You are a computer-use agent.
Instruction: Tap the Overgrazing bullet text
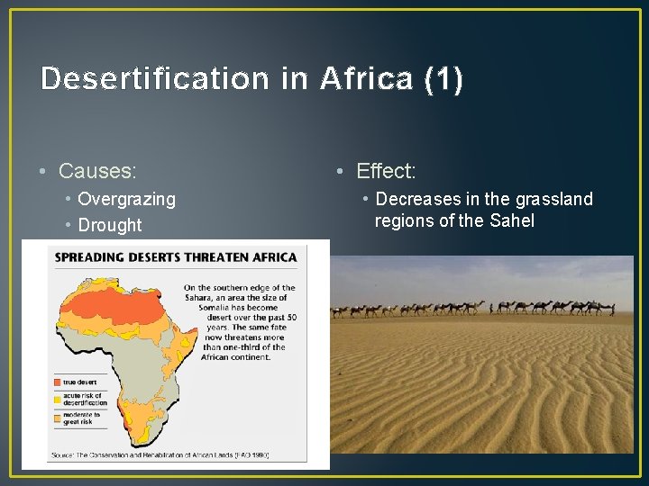coord(126,199)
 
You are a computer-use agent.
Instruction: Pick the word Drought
coord(110,225)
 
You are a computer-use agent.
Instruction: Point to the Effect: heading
coord(386,170)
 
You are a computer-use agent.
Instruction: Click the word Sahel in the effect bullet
coord(509,220)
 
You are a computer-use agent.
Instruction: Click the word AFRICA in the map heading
coord(272,257)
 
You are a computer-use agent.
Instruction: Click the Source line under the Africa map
coord(159,454)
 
